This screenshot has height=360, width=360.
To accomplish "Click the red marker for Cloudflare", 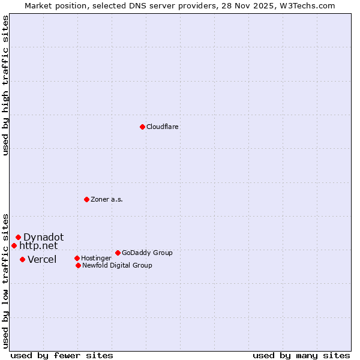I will (x=142, y=127).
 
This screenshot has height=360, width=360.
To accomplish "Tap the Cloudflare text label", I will (x=162, y=127).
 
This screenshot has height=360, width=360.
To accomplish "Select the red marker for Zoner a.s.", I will (x=86, y=199).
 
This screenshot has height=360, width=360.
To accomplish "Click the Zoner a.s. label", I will (x=107, y=200).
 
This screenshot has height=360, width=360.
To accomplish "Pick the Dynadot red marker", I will (x=18, y=237).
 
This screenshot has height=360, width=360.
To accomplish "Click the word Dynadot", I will (x=43, y=237).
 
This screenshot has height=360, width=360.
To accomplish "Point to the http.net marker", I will (x=14, y=245).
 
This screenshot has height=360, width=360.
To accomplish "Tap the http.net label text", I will (x=38, y=245).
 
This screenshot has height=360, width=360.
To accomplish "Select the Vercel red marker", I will (x=22, y=259).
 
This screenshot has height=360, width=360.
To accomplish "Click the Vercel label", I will (x=42, y=259).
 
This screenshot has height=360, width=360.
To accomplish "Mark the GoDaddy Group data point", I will (x=118, y=253).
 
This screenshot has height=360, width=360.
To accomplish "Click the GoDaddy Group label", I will (x=147, y=253).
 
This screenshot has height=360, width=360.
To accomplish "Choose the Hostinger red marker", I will (x=77, y=258).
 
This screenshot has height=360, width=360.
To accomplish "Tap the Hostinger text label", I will (x=96, y=259).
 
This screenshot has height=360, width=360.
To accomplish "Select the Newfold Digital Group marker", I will (x=78, y=265).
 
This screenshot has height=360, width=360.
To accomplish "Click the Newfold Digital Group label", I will (x=117, y=266).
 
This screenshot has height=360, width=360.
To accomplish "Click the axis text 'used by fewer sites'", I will (x=62, y=355).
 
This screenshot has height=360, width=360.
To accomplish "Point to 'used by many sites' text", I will (x=301, y=355).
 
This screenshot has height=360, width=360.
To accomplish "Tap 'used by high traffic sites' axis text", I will (x=6, y=85).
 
